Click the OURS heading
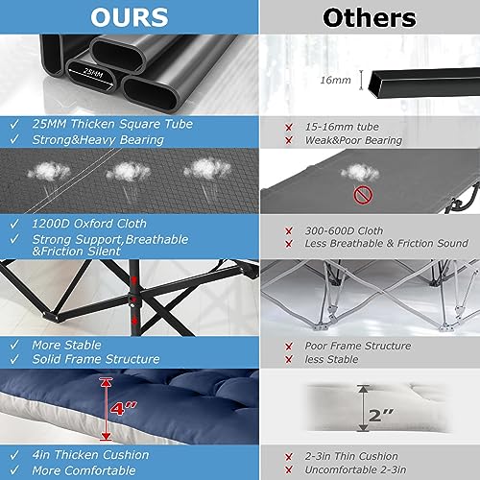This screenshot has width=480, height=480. (130, 17)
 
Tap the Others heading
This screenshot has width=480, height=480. (370, 18)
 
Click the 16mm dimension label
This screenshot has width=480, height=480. (335, 80)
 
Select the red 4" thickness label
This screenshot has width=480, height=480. (123, 408)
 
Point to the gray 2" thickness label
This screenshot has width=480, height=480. (381, 416)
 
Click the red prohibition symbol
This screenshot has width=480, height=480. (363, 195)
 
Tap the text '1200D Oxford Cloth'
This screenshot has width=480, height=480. (89, 224)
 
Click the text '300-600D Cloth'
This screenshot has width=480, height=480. (344, 230)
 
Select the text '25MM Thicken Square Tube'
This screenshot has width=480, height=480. (112, 124)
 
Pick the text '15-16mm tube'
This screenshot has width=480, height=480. (342, 127)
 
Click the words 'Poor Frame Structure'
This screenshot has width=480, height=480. (358, 346)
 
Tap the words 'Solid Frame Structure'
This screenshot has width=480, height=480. (96, 359)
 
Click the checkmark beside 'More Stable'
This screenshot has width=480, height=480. (14, 345)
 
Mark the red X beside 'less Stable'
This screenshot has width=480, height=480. (289, 360)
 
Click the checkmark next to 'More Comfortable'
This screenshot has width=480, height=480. (14, 470)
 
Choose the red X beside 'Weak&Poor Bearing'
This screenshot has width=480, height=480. (289, 140)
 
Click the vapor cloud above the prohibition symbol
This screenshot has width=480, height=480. (360, 173)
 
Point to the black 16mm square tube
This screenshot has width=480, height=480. (424, 83)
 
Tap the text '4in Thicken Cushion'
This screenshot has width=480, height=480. (90, 455)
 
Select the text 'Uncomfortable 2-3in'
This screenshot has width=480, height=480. (355, 469)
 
